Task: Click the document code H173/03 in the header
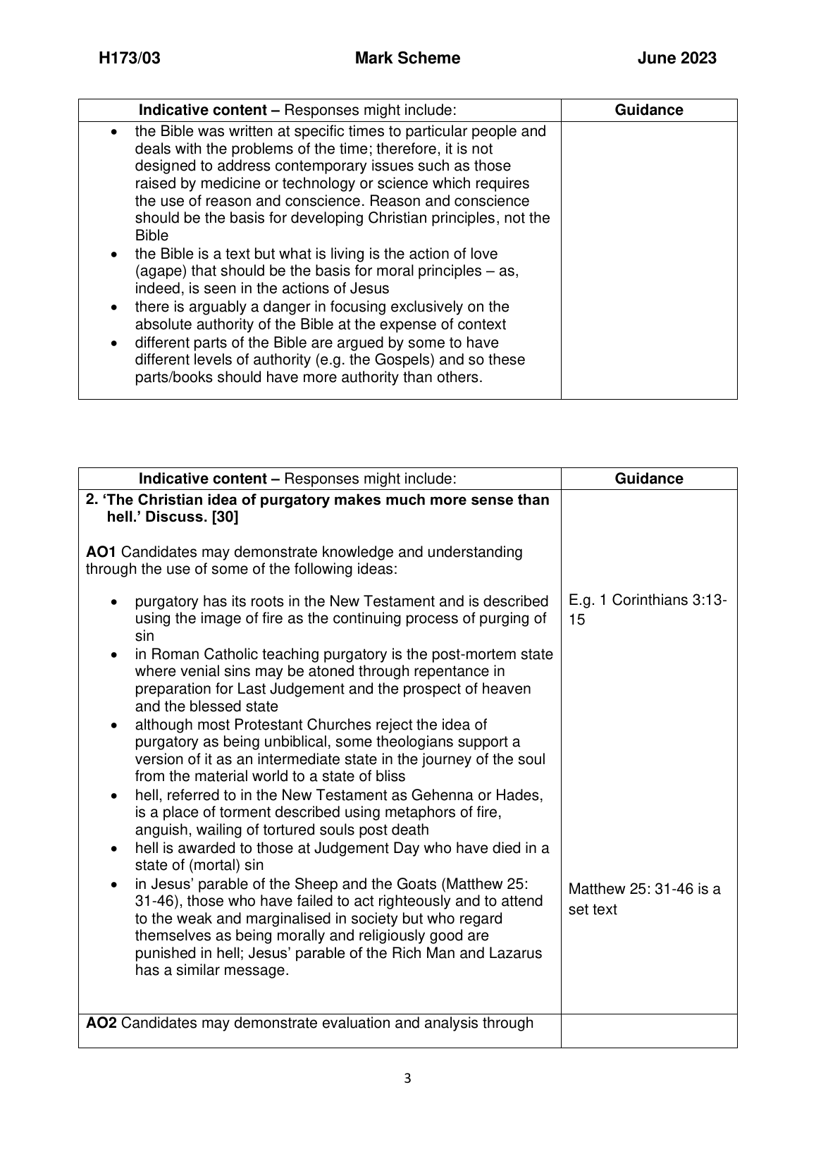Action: (x=130, y=59)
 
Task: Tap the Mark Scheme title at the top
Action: (x=407, y=59)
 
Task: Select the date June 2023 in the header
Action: (x=676, y=59)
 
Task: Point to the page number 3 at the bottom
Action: (x=407, y=1078)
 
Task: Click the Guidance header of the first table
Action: (x=649, y=110)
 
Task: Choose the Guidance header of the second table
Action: (x=649, y=479)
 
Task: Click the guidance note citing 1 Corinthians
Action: (x=648, y=610)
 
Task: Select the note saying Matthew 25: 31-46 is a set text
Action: (x=644, y=899)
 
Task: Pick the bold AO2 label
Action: (x=101, y=1023)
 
